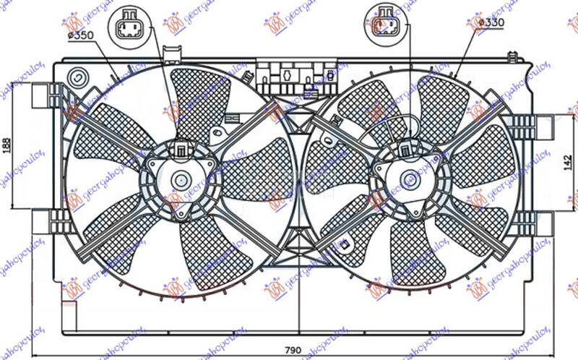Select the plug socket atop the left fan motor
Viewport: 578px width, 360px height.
(178, 150)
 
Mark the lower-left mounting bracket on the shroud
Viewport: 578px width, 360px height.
(45, 218)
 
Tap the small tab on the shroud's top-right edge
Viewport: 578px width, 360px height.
(512, 55)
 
